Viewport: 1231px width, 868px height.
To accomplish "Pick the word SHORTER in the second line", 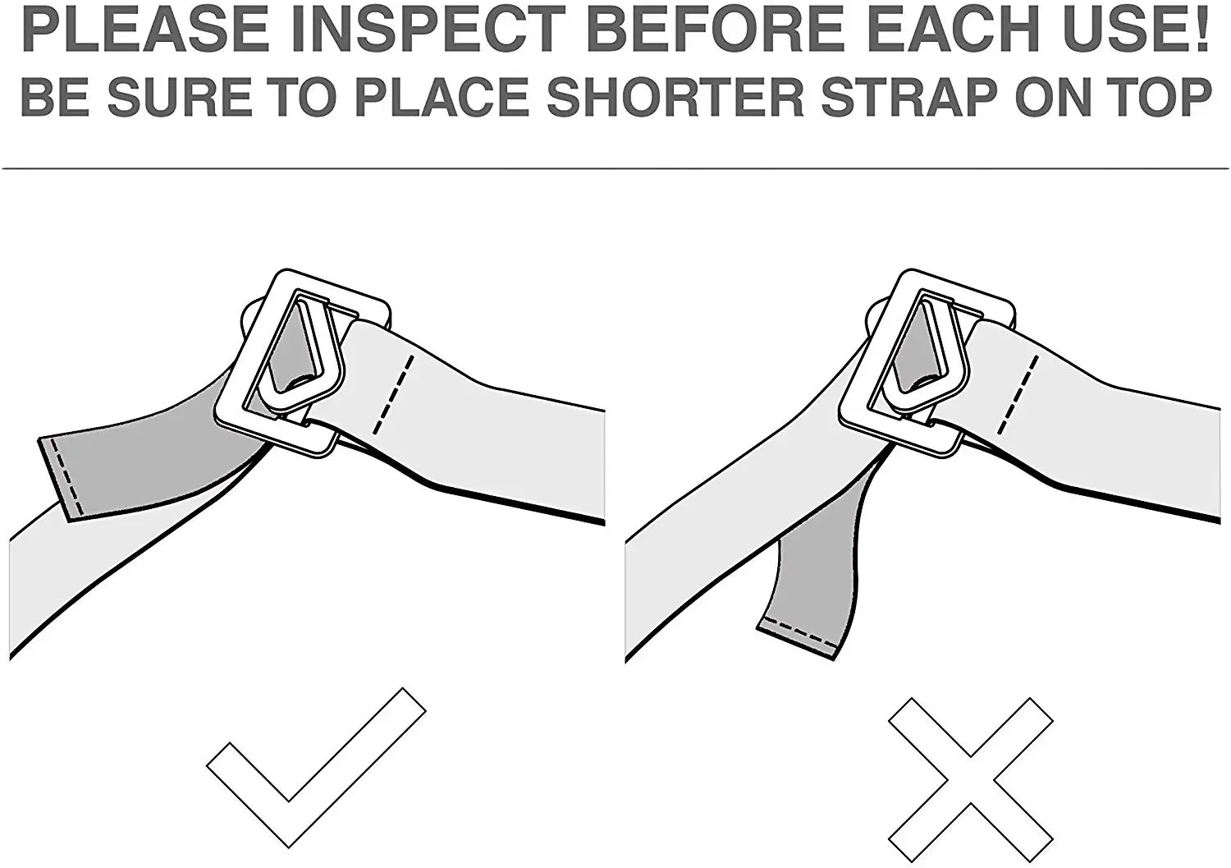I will click(x=675, y=97).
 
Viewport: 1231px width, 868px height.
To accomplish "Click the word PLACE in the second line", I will click(x=443, y=97).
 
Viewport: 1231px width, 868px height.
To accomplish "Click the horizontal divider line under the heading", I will click(x=615, y=169).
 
